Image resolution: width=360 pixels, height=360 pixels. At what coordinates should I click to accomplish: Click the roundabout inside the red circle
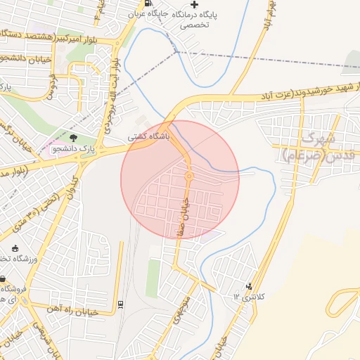tap(188, 175)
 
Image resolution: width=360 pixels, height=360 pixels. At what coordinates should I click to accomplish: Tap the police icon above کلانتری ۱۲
tap(249, 286)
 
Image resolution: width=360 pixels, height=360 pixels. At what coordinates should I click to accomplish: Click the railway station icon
tap(120, 304)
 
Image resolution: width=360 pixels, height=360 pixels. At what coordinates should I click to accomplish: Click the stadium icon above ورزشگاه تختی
tap(15, 247)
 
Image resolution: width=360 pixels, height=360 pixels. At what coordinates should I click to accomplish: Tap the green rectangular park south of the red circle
tap(153, 278)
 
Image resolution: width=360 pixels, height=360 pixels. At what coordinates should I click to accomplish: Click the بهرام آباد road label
tap(268, 15)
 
